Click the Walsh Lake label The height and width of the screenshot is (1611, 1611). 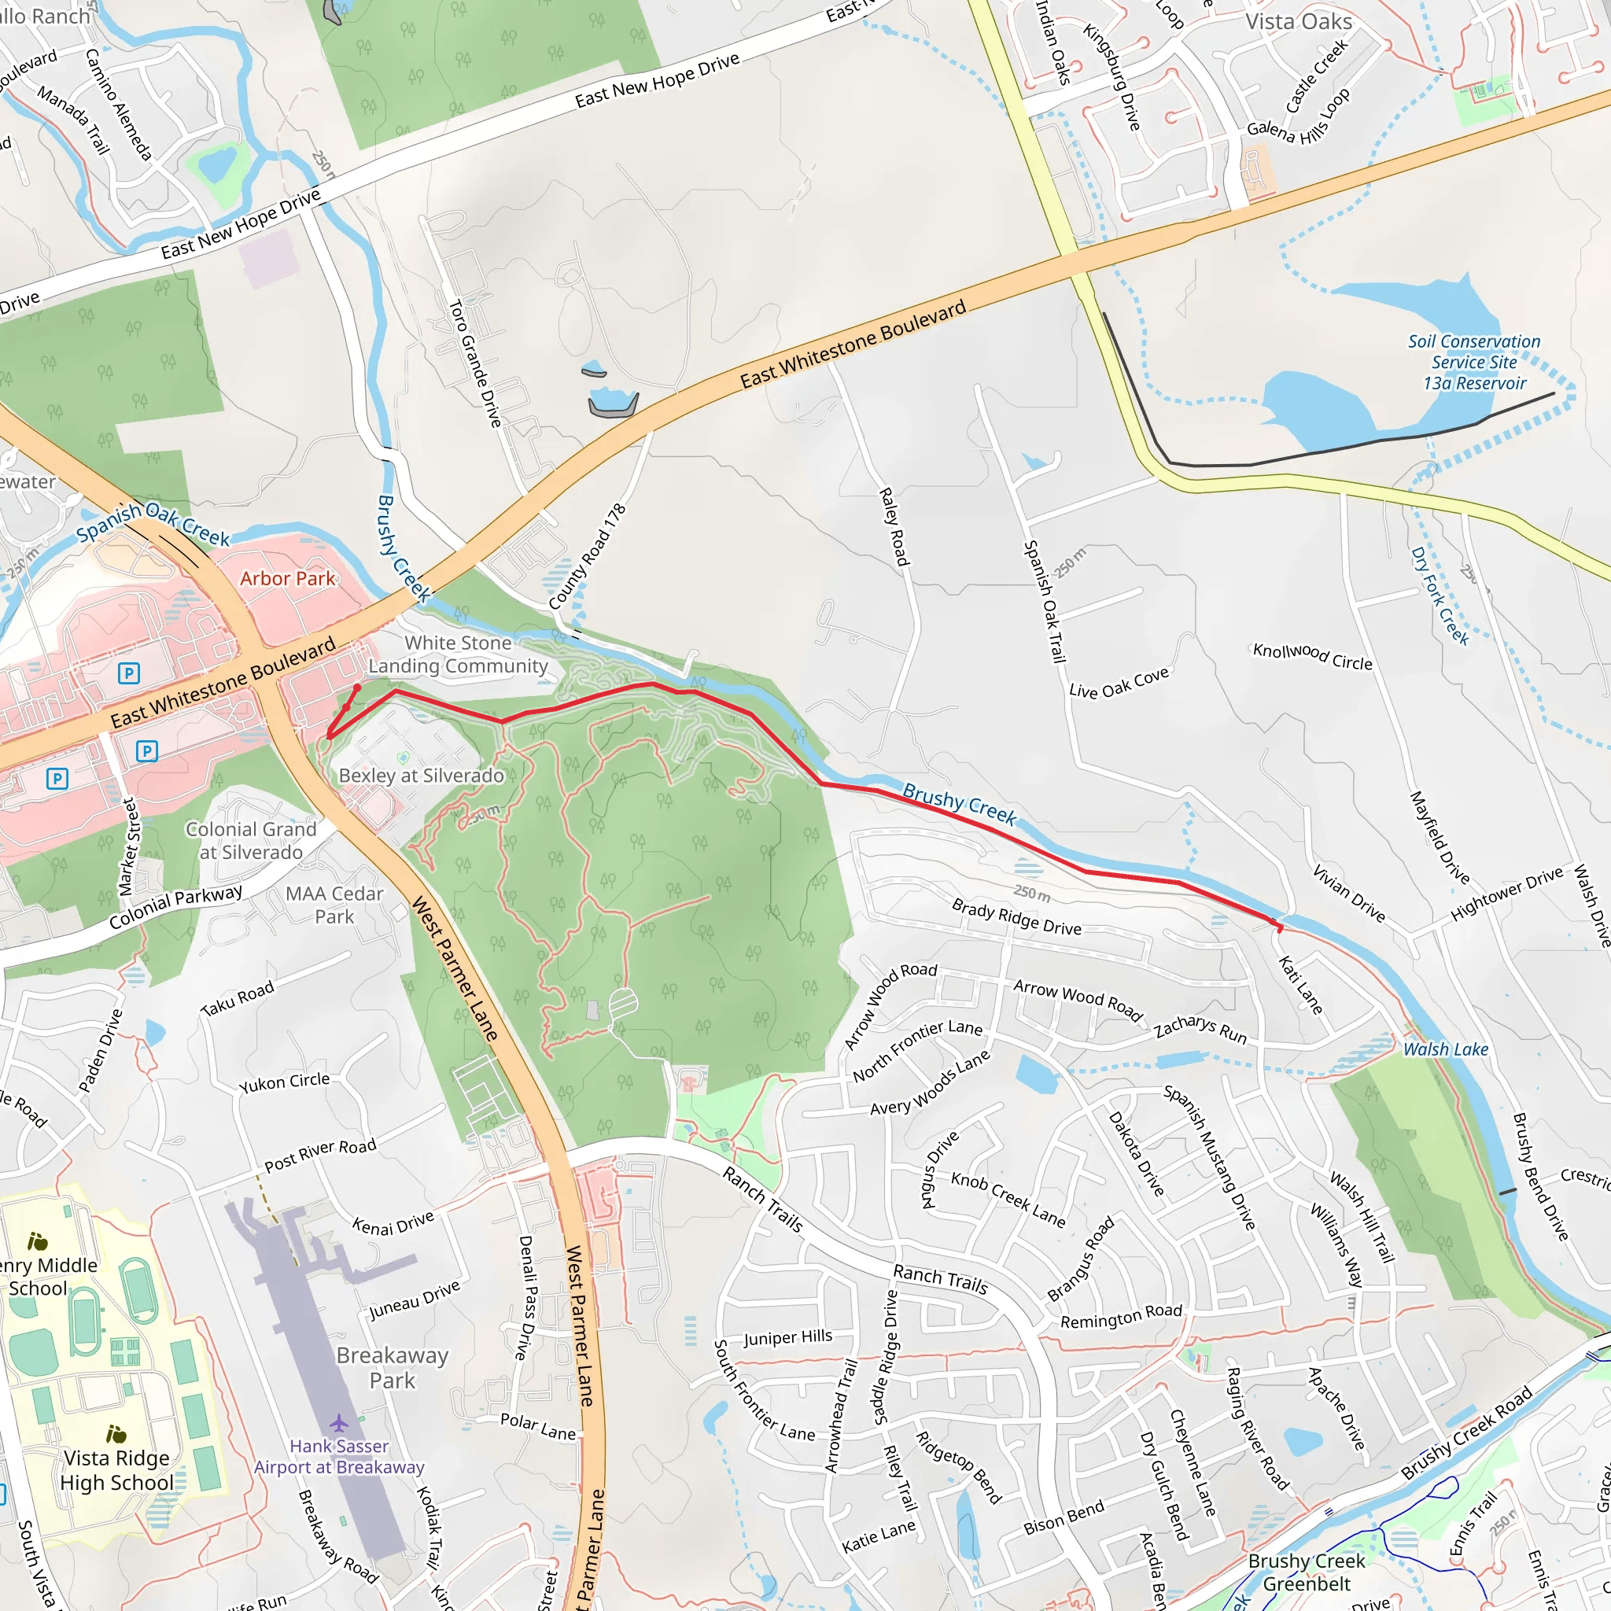1445,1050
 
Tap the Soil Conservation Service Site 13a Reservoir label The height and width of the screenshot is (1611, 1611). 1474,363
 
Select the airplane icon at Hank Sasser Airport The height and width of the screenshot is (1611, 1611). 338,1421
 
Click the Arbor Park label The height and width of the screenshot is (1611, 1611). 287,579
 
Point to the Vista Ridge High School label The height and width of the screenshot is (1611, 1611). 116,1470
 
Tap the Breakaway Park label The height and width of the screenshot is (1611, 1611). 392,1367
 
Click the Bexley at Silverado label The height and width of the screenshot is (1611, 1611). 421,776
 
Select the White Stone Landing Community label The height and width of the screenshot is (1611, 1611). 458,654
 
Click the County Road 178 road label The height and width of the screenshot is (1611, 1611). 587,556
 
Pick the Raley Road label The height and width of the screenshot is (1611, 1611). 893,527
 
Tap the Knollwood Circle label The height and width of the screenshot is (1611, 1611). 1311,656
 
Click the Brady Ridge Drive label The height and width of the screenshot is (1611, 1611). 1016,917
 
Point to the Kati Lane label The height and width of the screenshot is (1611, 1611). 1300,986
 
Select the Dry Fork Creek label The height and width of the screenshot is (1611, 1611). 1439,595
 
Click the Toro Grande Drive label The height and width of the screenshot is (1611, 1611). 475,363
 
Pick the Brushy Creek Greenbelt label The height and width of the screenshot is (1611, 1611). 1306,1572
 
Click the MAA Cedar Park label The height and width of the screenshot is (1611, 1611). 334,905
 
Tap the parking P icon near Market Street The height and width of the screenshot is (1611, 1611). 147,751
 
